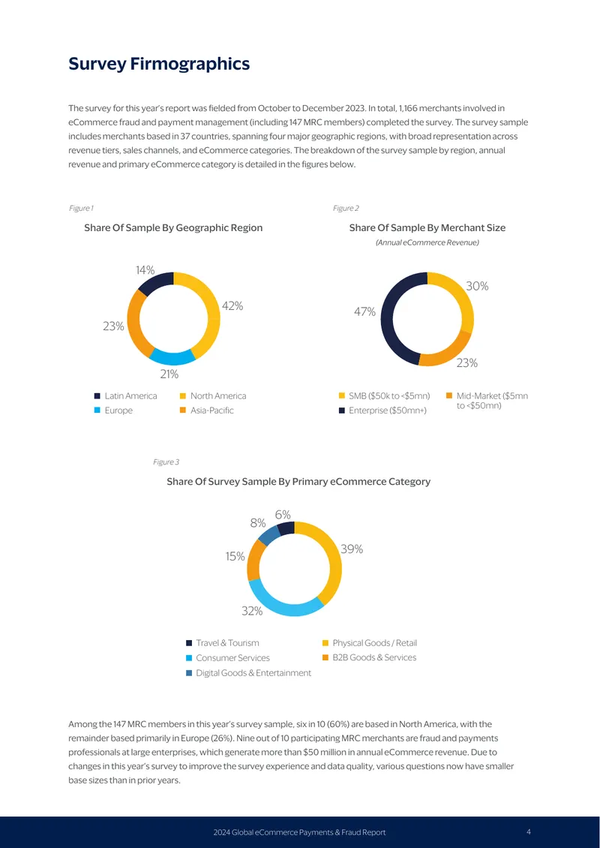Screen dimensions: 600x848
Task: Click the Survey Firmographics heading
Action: coord(159,64)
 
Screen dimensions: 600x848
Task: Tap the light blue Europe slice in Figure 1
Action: coord(171,357)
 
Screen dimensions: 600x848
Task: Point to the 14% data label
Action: coord(145,270)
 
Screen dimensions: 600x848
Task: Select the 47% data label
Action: coord(364,312)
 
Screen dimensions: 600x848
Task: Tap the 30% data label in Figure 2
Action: coord(477,286)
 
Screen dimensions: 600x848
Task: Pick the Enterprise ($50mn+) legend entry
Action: coord(382,410)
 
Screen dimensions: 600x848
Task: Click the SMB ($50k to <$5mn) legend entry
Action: coord(384,396)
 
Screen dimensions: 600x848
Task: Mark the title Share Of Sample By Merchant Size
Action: coord(427,227)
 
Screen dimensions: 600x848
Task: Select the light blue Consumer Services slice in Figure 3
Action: coord(281,605)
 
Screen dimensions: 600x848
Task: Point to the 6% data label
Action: coord(283,515)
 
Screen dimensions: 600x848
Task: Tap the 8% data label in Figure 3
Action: coord(258,523)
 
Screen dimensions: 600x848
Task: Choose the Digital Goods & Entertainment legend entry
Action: coord(249,673)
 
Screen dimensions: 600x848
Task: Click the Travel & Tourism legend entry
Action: coord(223,643)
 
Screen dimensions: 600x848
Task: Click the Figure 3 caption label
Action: coord(166,462)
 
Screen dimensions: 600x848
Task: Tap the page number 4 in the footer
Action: coord(529,831)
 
